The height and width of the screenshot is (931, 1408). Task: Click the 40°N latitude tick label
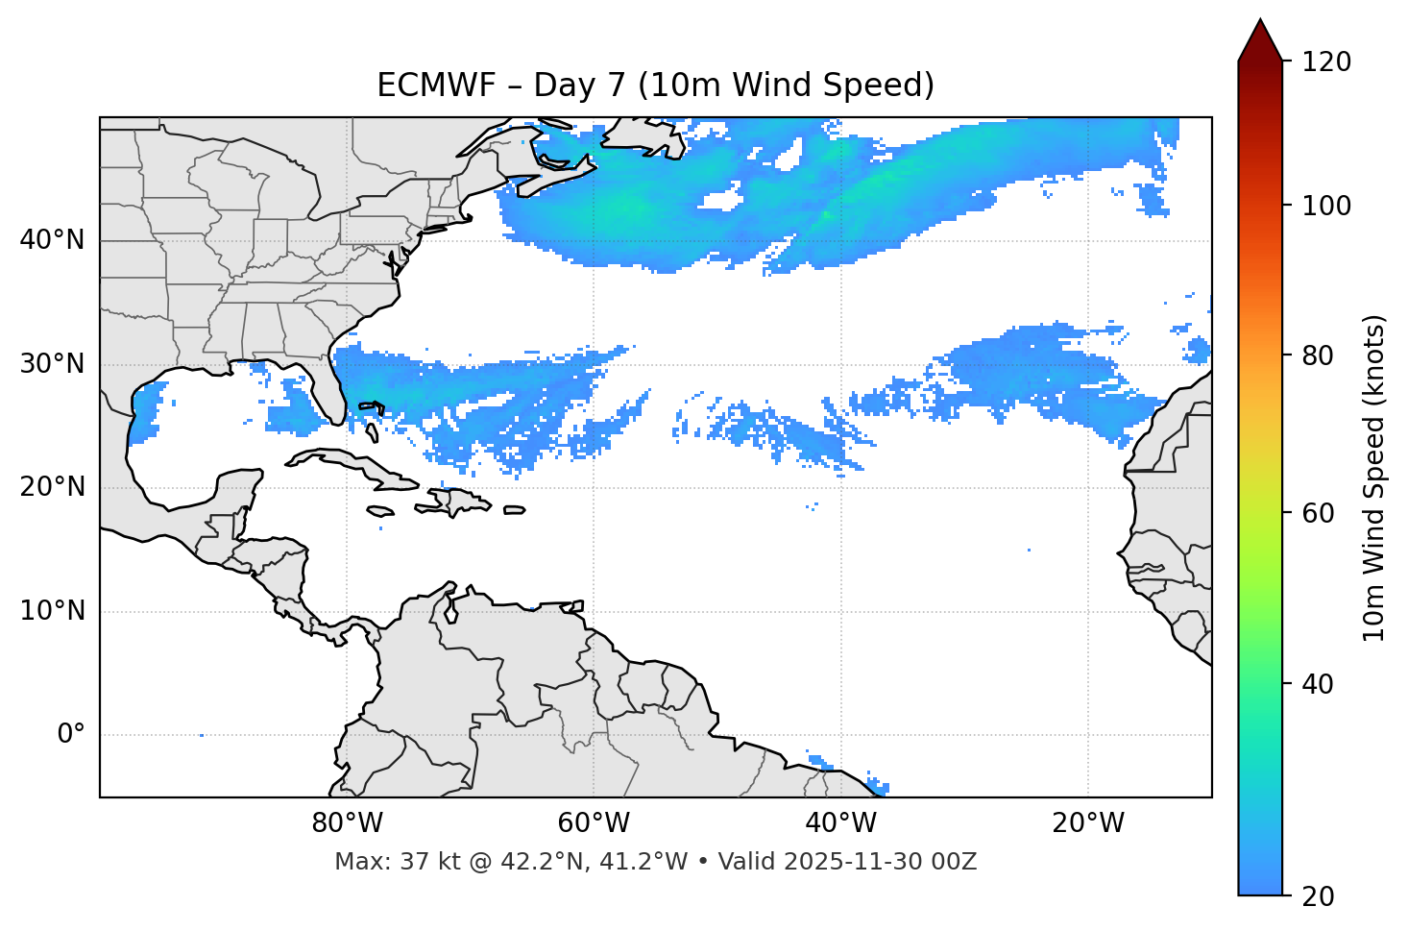pos(52,240)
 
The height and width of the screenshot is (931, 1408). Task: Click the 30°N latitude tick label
pos(52,364)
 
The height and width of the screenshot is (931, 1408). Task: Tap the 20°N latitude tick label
pos(52,487)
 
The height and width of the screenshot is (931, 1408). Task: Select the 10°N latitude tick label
pos(52,611)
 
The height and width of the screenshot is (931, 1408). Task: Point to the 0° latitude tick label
pos(71,735)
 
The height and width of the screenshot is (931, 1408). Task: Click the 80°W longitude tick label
pos(347,823)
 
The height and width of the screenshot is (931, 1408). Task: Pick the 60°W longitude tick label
pos(594,823)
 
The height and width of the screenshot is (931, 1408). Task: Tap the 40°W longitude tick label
pos(840,823)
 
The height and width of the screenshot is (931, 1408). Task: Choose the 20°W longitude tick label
pos(1087,823)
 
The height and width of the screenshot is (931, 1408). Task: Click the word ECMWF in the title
pos(424,86)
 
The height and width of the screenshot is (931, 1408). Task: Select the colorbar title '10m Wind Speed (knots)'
pos(1374,478)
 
